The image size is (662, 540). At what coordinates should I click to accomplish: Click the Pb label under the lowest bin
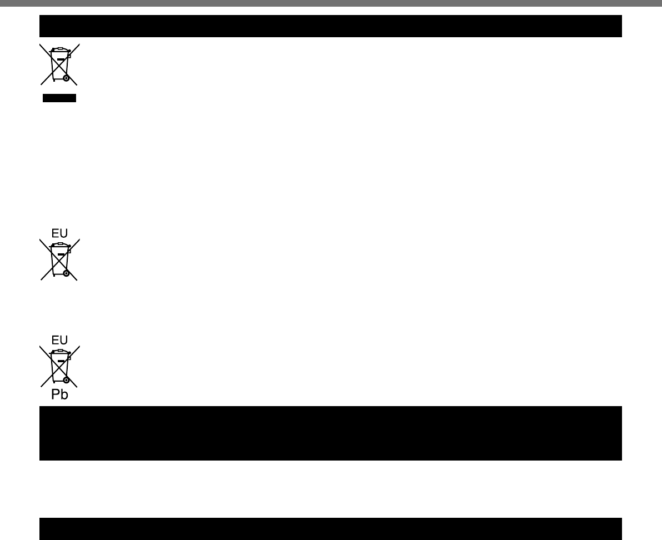59,395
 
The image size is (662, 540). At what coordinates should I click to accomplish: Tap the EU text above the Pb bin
59,339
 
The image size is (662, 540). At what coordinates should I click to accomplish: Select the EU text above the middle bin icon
59,233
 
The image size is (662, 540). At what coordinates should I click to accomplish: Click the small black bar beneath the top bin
59,98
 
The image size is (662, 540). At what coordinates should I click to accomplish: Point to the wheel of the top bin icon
66,79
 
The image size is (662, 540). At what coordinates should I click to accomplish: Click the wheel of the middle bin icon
66,274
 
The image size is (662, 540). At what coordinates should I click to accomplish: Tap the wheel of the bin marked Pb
66,381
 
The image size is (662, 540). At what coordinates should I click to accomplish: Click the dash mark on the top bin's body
60,59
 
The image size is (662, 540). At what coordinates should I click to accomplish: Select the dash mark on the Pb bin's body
60,361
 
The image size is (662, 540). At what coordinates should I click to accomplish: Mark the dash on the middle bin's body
60,254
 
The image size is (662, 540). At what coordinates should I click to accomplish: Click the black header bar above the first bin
330,26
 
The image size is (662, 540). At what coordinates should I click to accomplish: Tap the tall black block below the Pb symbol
330,433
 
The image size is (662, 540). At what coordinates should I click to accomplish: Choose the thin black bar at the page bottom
330,529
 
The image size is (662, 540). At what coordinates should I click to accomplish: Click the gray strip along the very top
330,3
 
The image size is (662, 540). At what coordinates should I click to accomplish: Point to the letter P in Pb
56,395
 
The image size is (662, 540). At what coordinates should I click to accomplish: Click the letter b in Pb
64,395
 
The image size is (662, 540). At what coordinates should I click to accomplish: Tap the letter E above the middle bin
55,233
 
